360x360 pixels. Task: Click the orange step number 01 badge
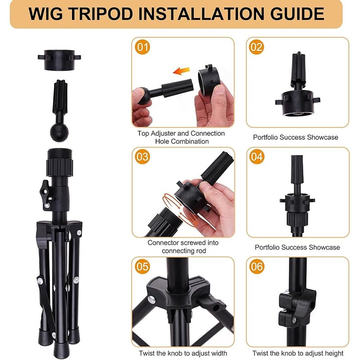pos(143,47)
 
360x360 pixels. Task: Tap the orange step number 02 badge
pos(256,47)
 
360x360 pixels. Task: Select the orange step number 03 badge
pos(143,157)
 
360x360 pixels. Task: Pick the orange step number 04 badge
pos(256,157)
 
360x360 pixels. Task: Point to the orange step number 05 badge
pos(143,266)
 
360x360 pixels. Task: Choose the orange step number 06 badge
pos(256,266)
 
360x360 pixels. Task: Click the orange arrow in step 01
pos(181,71)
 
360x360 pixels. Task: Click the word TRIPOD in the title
pos(101,14)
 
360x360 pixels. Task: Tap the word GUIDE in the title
pos(297,14)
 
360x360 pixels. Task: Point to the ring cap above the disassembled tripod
pos(59,60)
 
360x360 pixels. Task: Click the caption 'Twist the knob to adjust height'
pos(298,353)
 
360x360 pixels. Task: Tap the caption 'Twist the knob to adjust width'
pos(183,353)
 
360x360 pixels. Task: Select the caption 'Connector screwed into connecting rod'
pos(183,247)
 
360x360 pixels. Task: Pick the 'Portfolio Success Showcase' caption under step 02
pos(296,137)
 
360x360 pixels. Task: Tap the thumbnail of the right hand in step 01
pos(220,90)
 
